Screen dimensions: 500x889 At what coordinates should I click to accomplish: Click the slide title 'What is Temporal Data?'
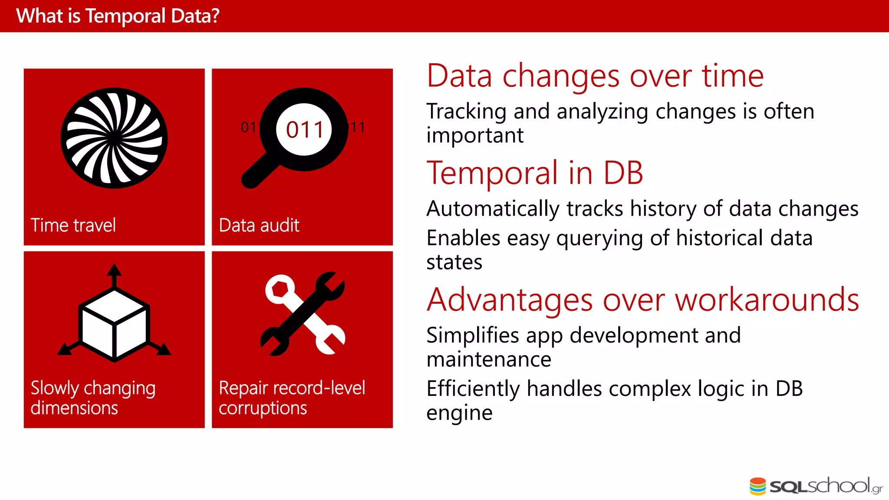coord(118,16)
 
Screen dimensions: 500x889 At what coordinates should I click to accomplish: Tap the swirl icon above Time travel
coord(114,138)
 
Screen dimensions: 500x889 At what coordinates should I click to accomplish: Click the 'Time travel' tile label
coord(73,225)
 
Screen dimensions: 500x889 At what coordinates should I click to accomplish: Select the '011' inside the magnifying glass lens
coord(305,130)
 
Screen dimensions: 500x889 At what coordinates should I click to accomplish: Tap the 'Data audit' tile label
coord(259,225)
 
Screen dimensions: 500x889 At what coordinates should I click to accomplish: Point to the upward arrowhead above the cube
coord(114,270)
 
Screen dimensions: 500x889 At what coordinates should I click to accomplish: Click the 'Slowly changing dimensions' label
coord(93,398)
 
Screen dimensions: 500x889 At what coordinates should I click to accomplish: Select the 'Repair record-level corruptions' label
coord(292,398)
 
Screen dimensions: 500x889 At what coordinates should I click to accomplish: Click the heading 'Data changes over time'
coord(595,76)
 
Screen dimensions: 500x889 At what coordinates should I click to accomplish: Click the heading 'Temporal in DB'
coord(534,173)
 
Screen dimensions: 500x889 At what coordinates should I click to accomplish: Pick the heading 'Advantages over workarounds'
coord(642,299)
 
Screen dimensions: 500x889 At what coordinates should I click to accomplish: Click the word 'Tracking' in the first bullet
coord(466,112)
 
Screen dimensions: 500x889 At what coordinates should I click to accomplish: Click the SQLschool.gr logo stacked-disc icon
coord(758,486)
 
